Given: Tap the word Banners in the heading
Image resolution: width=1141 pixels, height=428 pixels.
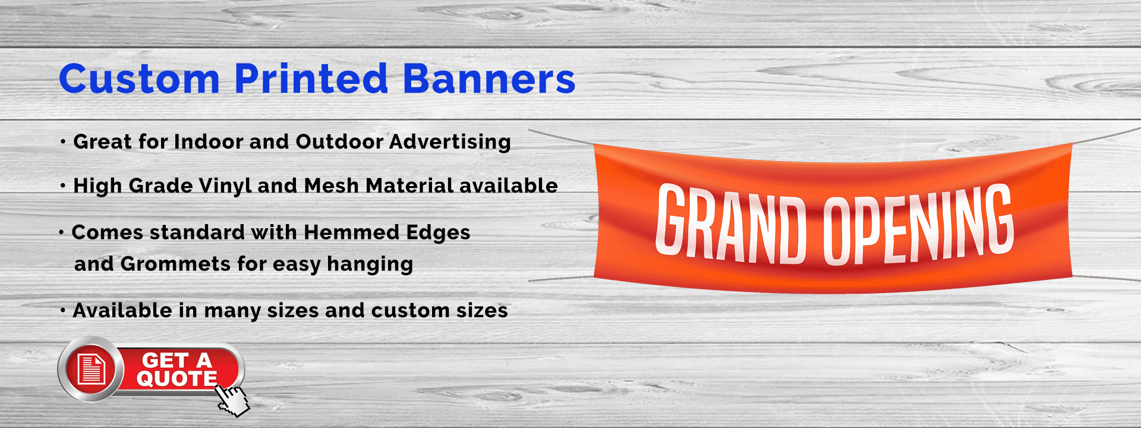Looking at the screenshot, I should pos(489,79).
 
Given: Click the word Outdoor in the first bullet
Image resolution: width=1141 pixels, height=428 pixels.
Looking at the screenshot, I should pos(339,141).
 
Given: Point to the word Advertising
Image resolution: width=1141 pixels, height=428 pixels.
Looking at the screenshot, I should pos(450,142).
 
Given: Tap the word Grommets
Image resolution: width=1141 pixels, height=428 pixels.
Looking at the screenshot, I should pos(175,263).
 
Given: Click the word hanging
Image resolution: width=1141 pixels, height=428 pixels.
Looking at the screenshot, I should pos(370,264).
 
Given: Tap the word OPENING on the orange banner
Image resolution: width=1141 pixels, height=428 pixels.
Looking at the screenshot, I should pos(918,223).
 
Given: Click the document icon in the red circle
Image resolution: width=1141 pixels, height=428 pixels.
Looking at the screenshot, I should pos(92,369).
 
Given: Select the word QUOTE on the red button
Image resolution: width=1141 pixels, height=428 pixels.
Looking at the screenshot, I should pos(176,379).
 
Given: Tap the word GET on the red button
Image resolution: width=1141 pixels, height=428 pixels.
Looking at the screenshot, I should pos(165,360).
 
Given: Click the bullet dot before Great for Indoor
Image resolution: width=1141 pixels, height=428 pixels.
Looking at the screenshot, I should pos(63,142).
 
